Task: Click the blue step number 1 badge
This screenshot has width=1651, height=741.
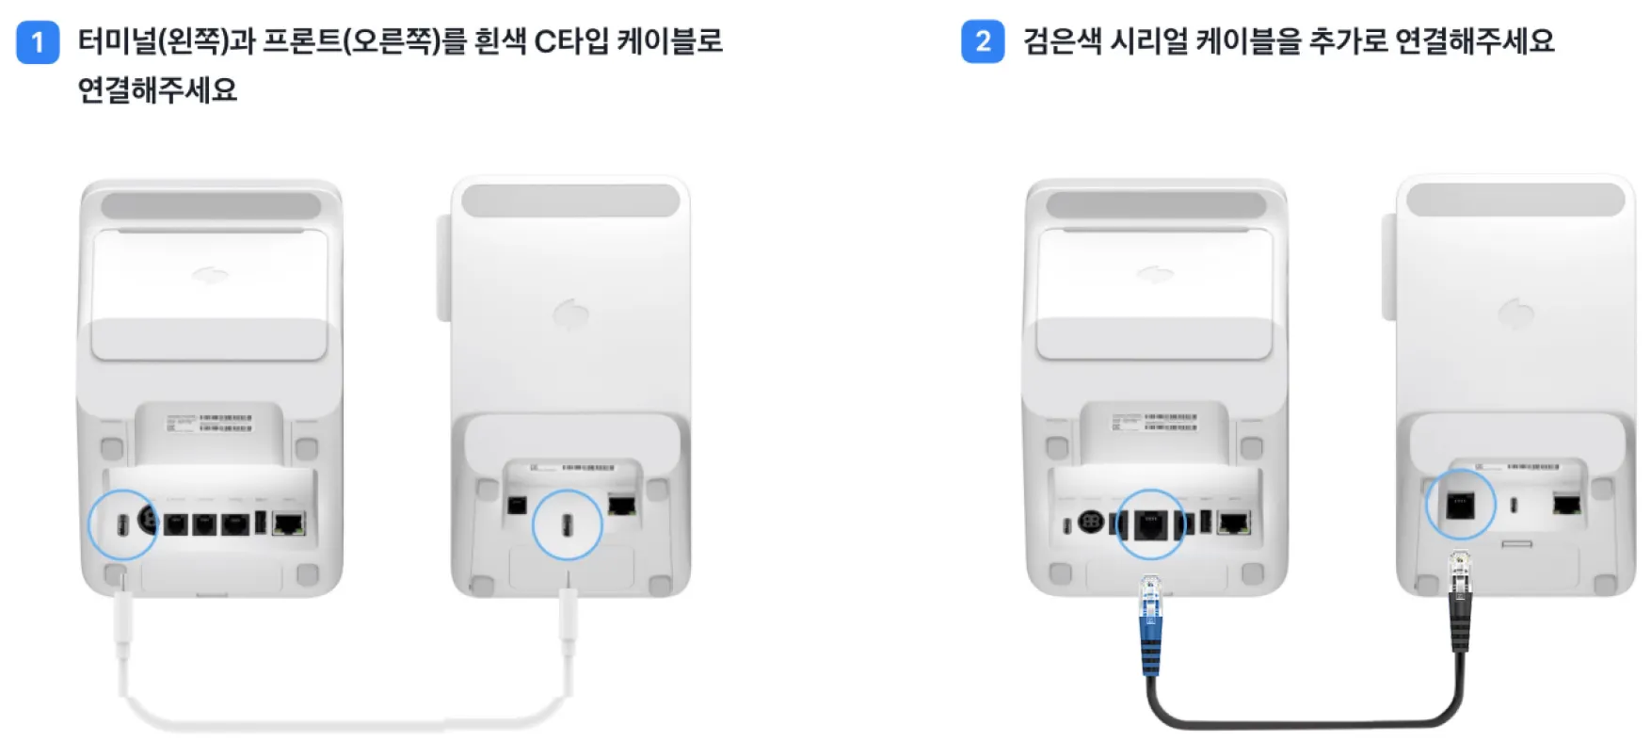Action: click(x=38, y=42)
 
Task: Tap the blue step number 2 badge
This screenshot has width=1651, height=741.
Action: click(x=983, y=42)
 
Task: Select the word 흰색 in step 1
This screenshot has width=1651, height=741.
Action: click(x=500, y=41)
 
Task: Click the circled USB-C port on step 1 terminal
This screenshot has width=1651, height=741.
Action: click(x=121, y=524)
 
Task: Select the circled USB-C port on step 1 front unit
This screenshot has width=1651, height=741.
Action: click(x=567, y=524)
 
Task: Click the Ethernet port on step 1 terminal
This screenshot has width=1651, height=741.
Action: click(x=289, y=524)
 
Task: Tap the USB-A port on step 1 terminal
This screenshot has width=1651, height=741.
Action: click(x=261, y=523)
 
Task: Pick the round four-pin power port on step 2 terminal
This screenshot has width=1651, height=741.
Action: click(x=1090, y=523)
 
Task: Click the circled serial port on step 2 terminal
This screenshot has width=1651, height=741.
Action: click(x=1150, y=524)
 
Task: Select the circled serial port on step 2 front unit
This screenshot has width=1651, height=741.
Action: click(x=1460, y=505)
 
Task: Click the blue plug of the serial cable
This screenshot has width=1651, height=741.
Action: click(x=1150, y=625)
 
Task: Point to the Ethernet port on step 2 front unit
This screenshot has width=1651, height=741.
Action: click(x=1566, y=505)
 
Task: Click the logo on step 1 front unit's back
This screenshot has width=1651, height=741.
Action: click(x=570, y=314)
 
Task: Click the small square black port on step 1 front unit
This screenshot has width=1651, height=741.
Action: click(x=516, y=506)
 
